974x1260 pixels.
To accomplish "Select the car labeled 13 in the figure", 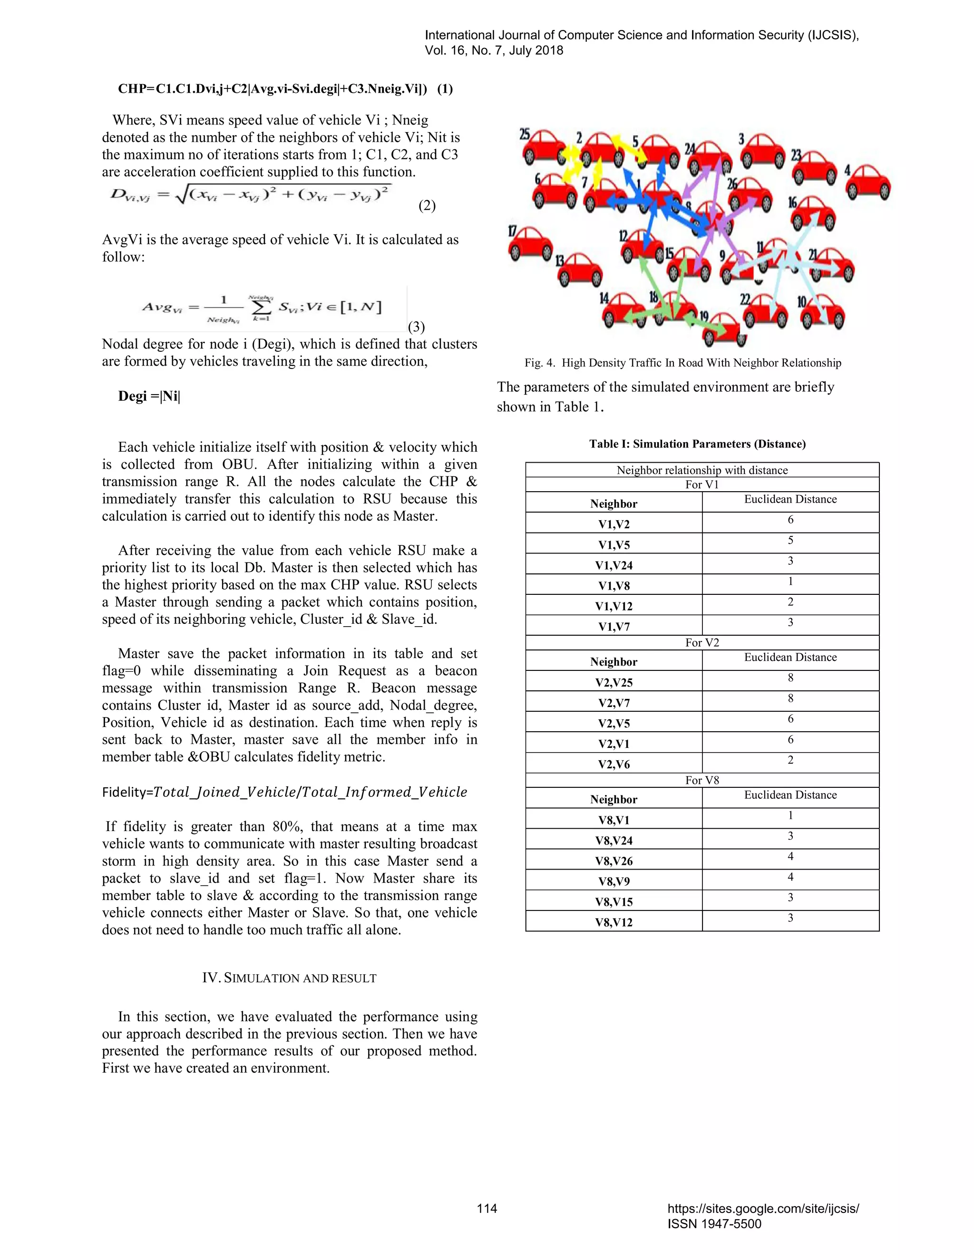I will point(580,271).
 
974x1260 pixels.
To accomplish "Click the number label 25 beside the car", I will point(525,135).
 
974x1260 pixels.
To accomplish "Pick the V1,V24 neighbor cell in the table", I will point(614,565).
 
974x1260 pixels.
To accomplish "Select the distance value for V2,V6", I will point(790,760).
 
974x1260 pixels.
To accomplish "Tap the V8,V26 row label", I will point(614,861).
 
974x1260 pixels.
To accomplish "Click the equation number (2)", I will point(427,206).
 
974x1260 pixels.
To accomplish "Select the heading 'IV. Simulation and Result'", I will point(289,978).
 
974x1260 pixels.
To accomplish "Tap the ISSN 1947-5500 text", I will point(714,1224).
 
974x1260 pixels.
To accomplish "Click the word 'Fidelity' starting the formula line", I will point(125,792).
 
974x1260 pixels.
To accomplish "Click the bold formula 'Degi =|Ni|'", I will point(149,397).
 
